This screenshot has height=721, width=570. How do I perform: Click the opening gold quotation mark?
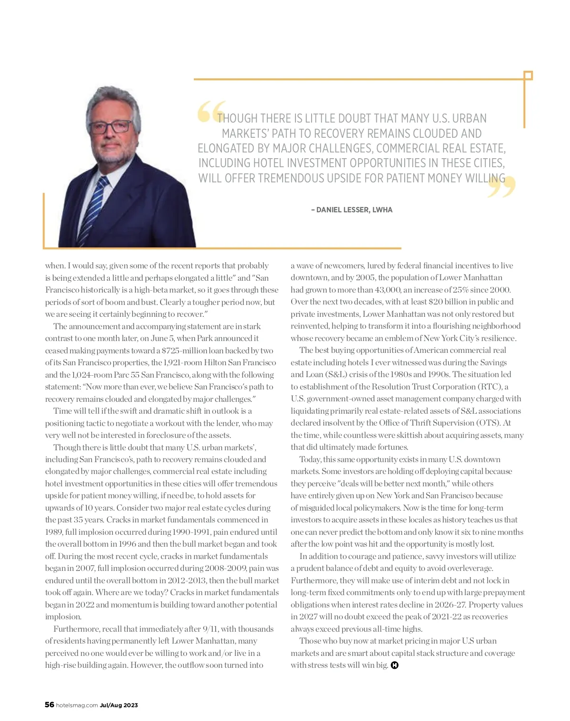pyautogui.click(x=210, y=112)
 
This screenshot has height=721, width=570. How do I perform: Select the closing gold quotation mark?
pyautogui.click(x=502, y=187)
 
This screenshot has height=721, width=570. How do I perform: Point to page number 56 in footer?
pyautogui.click(x=49, y=704)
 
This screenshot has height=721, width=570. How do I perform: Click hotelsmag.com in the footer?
pyautogui.click(x=77, y=705)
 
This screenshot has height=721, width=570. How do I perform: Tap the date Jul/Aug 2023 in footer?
pyautogui.click(x=119, y=705)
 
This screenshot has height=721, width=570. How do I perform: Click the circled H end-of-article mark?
pyautogui.click(x=394, y=665)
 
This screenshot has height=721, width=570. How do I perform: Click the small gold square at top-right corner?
pyautogui.click(x=528, y=76)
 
